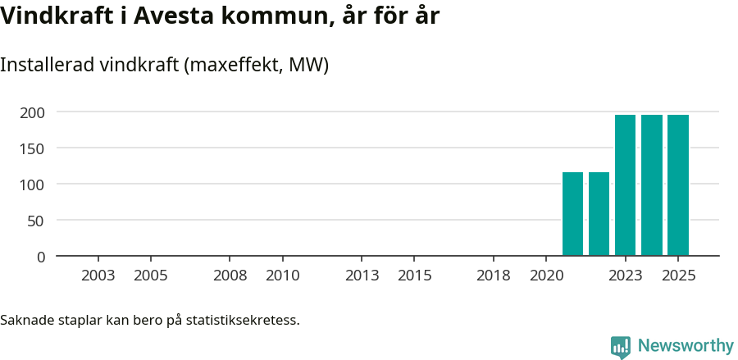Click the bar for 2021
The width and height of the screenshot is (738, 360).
pos(572,214)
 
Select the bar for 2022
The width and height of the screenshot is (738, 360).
pos(599,214)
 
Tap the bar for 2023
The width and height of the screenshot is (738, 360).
pos(625,185)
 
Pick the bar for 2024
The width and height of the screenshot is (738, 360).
pos(652,185)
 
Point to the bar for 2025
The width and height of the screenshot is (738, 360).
pos(678,185)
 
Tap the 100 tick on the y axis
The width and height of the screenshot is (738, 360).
pos(33,184)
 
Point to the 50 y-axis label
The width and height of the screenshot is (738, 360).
pos(37,220)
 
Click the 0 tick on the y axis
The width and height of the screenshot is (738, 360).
pos(41,257)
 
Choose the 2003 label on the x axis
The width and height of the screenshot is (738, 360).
pos(98,276)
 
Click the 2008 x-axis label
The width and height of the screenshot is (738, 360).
pos(230,276)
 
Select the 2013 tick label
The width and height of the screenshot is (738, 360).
pos(362,276)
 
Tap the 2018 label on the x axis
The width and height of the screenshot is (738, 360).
pos(494,276)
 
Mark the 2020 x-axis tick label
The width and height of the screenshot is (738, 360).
pos(546,276)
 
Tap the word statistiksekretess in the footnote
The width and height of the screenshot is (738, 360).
pos(243,320)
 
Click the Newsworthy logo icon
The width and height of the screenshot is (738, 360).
pos(621,347)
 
